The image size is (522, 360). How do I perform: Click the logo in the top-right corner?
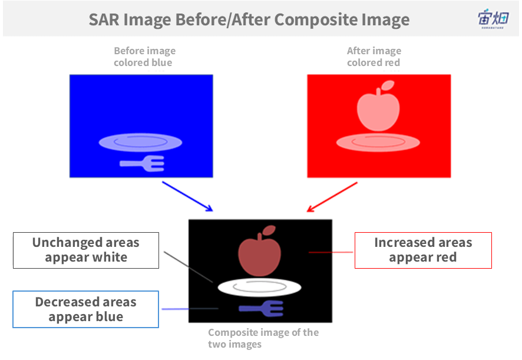[493, 19]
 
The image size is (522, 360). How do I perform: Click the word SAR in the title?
[104, 19]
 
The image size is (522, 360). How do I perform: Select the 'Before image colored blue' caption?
[144, 57]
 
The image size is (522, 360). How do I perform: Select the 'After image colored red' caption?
[374, 57]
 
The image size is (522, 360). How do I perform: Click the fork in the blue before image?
[142, 163]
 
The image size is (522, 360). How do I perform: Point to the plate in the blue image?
[140, 143]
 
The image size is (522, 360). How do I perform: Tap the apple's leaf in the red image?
[388, 85]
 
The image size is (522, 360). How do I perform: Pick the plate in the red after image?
[378, 143]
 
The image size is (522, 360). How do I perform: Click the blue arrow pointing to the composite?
[187, 196]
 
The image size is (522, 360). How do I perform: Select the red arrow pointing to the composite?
[332, 197]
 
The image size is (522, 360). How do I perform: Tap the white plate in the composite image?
[259, 287]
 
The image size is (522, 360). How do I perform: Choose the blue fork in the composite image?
[262, 308]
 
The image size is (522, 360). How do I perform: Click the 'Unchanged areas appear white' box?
[86, 250]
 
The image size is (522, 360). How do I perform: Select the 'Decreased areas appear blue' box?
[85, 309]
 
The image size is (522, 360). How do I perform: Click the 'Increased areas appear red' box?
[423, 250]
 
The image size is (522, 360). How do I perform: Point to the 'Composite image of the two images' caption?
[263, 338]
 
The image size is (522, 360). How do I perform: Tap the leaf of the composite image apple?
[269, 230]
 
